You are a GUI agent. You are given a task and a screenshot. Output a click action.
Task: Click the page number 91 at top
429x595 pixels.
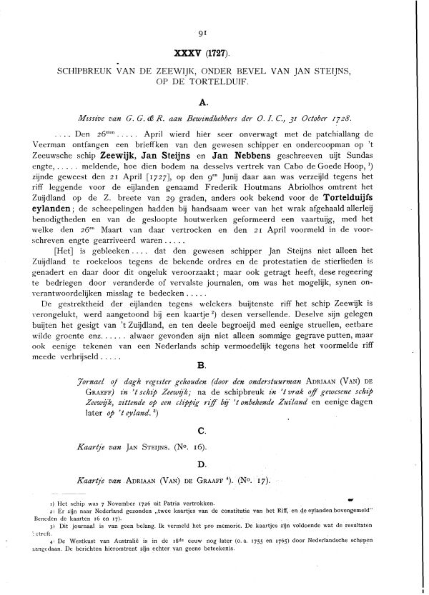214,32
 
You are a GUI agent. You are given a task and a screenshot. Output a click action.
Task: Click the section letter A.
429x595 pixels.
213,104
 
